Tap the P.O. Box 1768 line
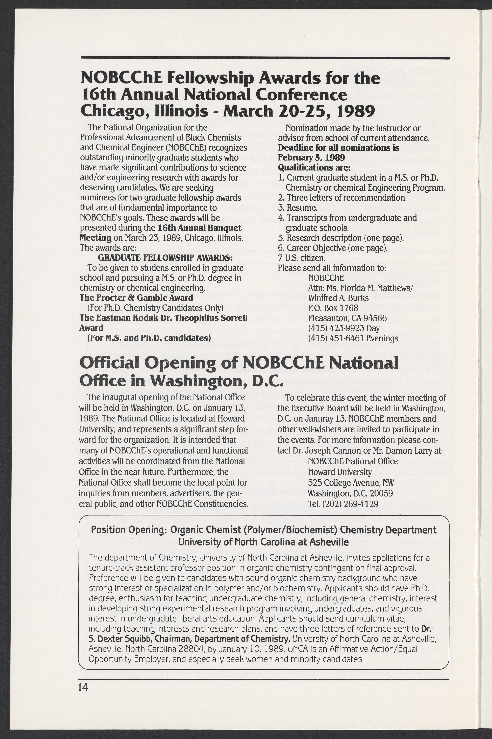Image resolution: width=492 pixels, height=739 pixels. click(x=333, y=308)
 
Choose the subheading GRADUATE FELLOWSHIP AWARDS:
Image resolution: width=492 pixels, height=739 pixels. click(x=165, y=258)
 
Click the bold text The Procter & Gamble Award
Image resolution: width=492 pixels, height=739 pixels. click(x=136, y=298)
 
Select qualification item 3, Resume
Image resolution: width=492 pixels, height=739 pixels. click(x=297, y=208)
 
